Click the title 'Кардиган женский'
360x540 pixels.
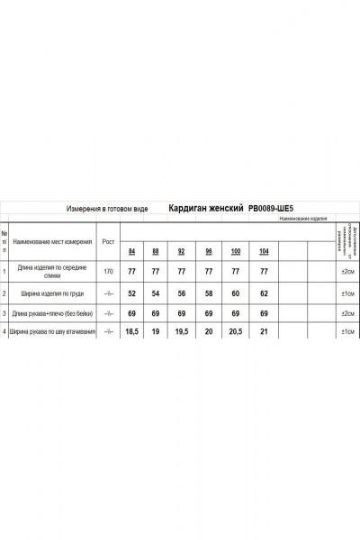click(208, 207)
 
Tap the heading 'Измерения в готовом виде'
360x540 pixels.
click(108, 207)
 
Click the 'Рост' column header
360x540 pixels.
click(109, 241)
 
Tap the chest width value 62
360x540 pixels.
click(264, 293)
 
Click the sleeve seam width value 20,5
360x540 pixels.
click(236, 332)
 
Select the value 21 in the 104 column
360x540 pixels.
click(264, 332)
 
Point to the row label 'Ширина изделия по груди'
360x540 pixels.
click(53, 293)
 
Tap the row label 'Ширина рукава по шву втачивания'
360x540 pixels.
click(52, 332)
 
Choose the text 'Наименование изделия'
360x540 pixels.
click(302, 219)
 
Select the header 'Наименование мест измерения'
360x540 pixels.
click(52, 241)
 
